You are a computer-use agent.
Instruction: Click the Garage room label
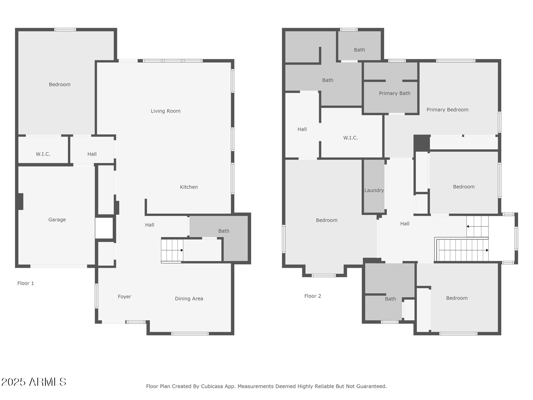click(x=57, y=220)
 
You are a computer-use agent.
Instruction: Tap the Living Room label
click(x=166, y=111)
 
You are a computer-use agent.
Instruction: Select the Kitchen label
click(x=189, y=187)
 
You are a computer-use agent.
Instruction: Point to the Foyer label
click(x=124, y=297)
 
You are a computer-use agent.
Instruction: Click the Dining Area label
click(x=189, y=299)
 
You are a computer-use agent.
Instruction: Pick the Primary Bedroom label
click(x=447, y=110)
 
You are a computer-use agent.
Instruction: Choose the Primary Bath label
click(x=394, y=93)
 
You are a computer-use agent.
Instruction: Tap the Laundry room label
click(x=374, y=190)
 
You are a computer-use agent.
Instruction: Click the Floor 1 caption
click(x=26, y=283)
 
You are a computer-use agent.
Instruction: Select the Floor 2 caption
click(x=313, y=296)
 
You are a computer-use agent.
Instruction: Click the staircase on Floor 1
click(x=172, y=250)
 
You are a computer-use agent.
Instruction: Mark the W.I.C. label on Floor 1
click(x=43, y=154)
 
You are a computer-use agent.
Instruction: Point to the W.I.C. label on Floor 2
click(x=350, y=138)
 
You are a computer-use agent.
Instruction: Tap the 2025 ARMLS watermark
click(x=34, y=382)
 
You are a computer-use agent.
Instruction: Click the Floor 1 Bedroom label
click(x=60, y=84)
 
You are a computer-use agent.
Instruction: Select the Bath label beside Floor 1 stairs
click(x=224, y=231)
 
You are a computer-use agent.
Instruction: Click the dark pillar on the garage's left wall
click(x=20, y=201)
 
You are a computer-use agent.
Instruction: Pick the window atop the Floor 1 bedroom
click(x=65, y=30)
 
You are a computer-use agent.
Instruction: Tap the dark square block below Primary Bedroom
click(x=421, y=143)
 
